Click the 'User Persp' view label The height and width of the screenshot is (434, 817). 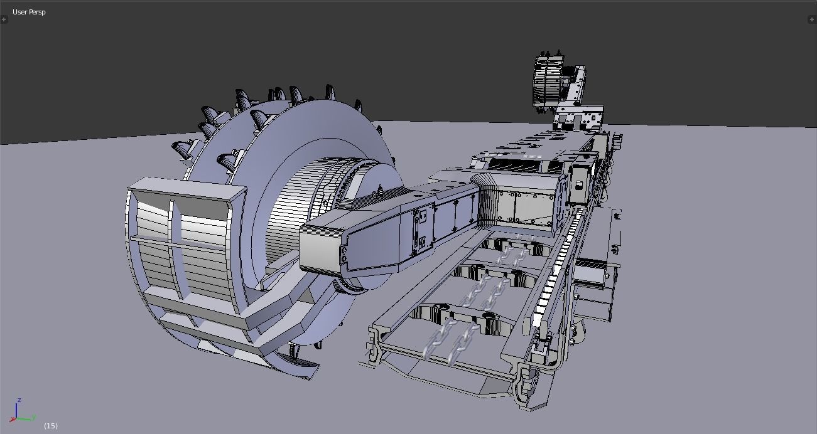[29, 12]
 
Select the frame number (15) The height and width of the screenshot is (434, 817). [51, 426]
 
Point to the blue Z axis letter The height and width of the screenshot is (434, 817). [20, 400]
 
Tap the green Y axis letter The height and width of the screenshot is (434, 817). [33, 417]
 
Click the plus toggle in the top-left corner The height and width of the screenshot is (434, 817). [4, 19]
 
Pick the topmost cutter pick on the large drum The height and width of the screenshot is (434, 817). [328, 92]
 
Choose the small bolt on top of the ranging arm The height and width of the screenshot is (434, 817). [380, 188]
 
